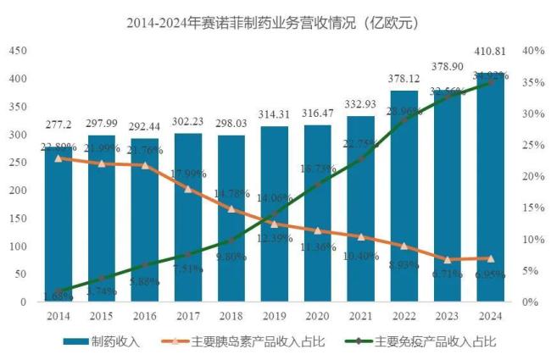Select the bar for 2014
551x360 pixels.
pyautogui.click(x=58, y=229)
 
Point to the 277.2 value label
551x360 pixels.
pyautogui.click(x=58, y=125)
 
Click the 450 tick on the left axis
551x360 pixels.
pyautogui.click(x=17, y=51)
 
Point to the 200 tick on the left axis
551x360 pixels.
pyautogui.click(x=17, y=190)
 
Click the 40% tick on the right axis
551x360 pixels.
pyautogui.click(x=534, y=51)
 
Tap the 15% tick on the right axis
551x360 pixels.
pyautogui.click(x=534, y=208)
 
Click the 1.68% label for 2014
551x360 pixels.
pyautogui.click(x=58, y=296)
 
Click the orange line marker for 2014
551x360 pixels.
pyautogui.click(x=58, y=158)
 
